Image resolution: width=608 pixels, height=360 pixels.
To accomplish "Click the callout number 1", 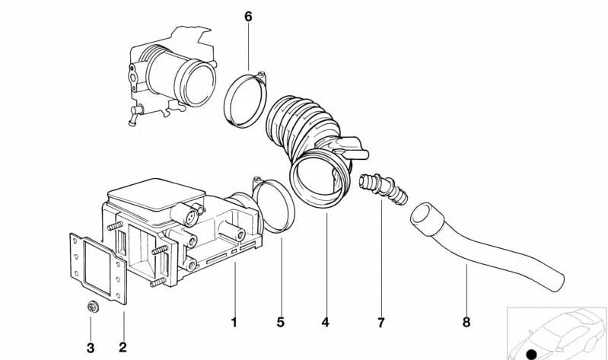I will click(234, 323).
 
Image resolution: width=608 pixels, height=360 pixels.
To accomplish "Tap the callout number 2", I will click(123, 348).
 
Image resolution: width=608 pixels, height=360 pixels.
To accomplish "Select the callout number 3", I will click(91, 348).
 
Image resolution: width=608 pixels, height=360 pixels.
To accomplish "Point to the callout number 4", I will click(325, 323).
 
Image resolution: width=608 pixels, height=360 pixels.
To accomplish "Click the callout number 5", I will click(280, 323).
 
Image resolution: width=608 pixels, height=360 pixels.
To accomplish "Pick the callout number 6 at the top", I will click(248, 16).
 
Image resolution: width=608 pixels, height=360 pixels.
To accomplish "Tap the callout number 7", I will click(380, 323).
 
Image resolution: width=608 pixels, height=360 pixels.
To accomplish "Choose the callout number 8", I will click(466, 323).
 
